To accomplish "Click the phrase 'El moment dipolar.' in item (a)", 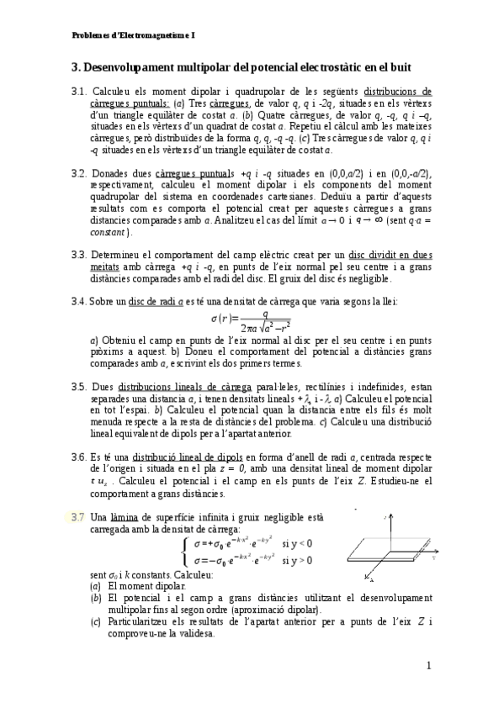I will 148,585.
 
